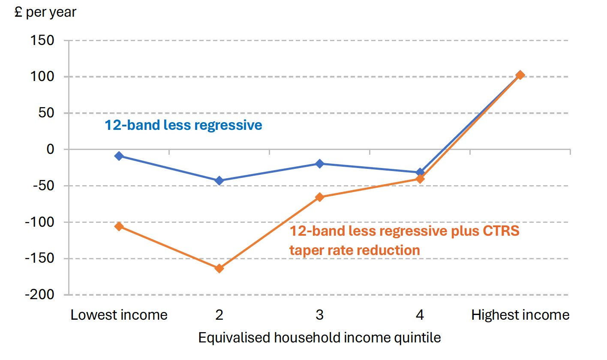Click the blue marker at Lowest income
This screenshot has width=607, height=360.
click(119, 156)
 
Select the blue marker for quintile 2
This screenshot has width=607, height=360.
click(219, 181)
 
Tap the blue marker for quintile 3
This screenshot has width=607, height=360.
click(319, 164)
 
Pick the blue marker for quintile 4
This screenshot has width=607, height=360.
click(420, 172)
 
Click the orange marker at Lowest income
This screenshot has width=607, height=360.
click(119, 226)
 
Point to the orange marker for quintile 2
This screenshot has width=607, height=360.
click(219, 269)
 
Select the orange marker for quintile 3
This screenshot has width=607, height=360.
click(319, 197)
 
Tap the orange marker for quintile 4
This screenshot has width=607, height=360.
click(420, 179)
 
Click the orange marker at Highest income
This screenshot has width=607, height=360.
click(520, 75)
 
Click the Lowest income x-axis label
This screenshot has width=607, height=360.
click(119, 315)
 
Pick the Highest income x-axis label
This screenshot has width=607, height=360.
click(520, 315)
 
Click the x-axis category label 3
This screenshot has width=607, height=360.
click(319, 315)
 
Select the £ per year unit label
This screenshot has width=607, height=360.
click(45, 12)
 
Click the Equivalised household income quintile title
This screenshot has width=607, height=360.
click(319, 338)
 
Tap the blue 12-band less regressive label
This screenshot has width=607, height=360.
click(183, 125)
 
